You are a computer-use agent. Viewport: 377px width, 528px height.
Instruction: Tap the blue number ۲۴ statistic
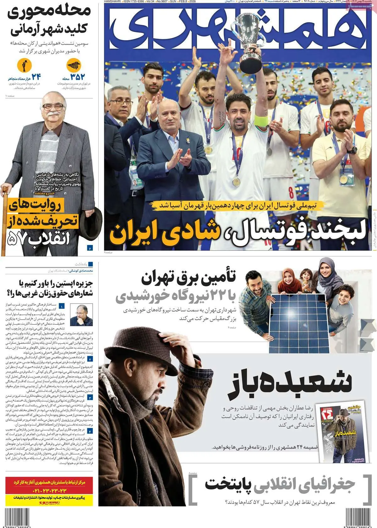point(35,77)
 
